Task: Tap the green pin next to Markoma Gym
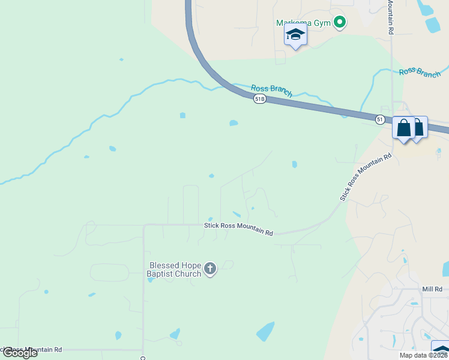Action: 339,23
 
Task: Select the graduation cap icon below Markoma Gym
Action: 295,35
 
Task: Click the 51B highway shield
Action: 259,99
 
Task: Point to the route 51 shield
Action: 381,119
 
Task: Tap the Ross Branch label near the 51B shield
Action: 272,89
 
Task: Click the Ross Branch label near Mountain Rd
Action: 420,72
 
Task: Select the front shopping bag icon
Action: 404,128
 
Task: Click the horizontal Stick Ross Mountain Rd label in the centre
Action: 238,229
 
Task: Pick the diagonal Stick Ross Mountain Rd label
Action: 366,176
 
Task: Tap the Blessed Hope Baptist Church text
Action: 175,269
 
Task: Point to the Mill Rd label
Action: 432,289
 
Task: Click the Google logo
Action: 20,353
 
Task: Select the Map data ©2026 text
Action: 424,355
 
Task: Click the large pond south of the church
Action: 265,331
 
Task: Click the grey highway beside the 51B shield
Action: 288,103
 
